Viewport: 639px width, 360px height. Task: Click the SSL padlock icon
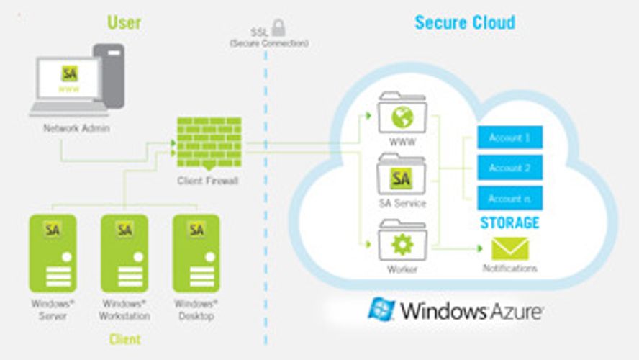pos(278,27)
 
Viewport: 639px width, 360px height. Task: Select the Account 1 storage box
pos(510,138)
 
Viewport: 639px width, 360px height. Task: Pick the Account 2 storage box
pos(510,168)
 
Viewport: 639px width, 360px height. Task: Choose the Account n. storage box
pos(510,198)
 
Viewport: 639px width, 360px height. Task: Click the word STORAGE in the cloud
pos(509,222)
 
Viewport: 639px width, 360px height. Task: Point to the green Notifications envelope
pos(509,248)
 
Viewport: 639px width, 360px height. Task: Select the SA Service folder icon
pos(402,176)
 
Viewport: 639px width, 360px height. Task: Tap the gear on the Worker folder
pos(402,245)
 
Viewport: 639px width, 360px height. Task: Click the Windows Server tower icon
pos(53,251)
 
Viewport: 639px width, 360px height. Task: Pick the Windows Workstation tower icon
pos(124,251)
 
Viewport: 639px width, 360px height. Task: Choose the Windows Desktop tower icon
pos(196,251)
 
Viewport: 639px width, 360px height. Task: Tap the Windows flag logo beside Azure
pos(381,310)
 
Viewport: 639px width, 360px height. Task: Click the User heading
pos(124,22)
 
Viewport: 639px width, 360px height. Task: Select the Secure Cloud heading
pos(465,22)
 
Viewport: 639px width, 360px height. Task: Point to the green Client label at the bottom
pos(124,339)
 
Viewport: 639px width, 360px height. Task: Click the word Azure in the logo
pos(508,312)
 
